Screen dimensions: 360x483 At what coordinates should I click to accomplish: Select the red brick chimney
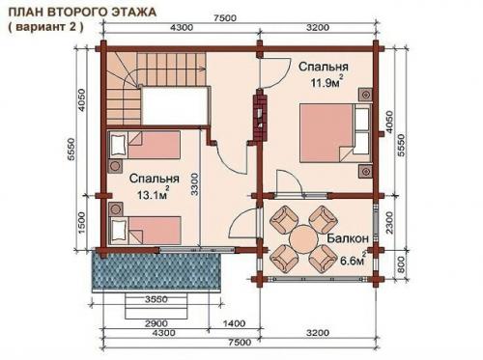tap(259, 114)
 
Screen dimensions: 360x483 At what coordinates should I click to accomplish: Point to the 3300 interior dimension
tap(195, 183)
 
